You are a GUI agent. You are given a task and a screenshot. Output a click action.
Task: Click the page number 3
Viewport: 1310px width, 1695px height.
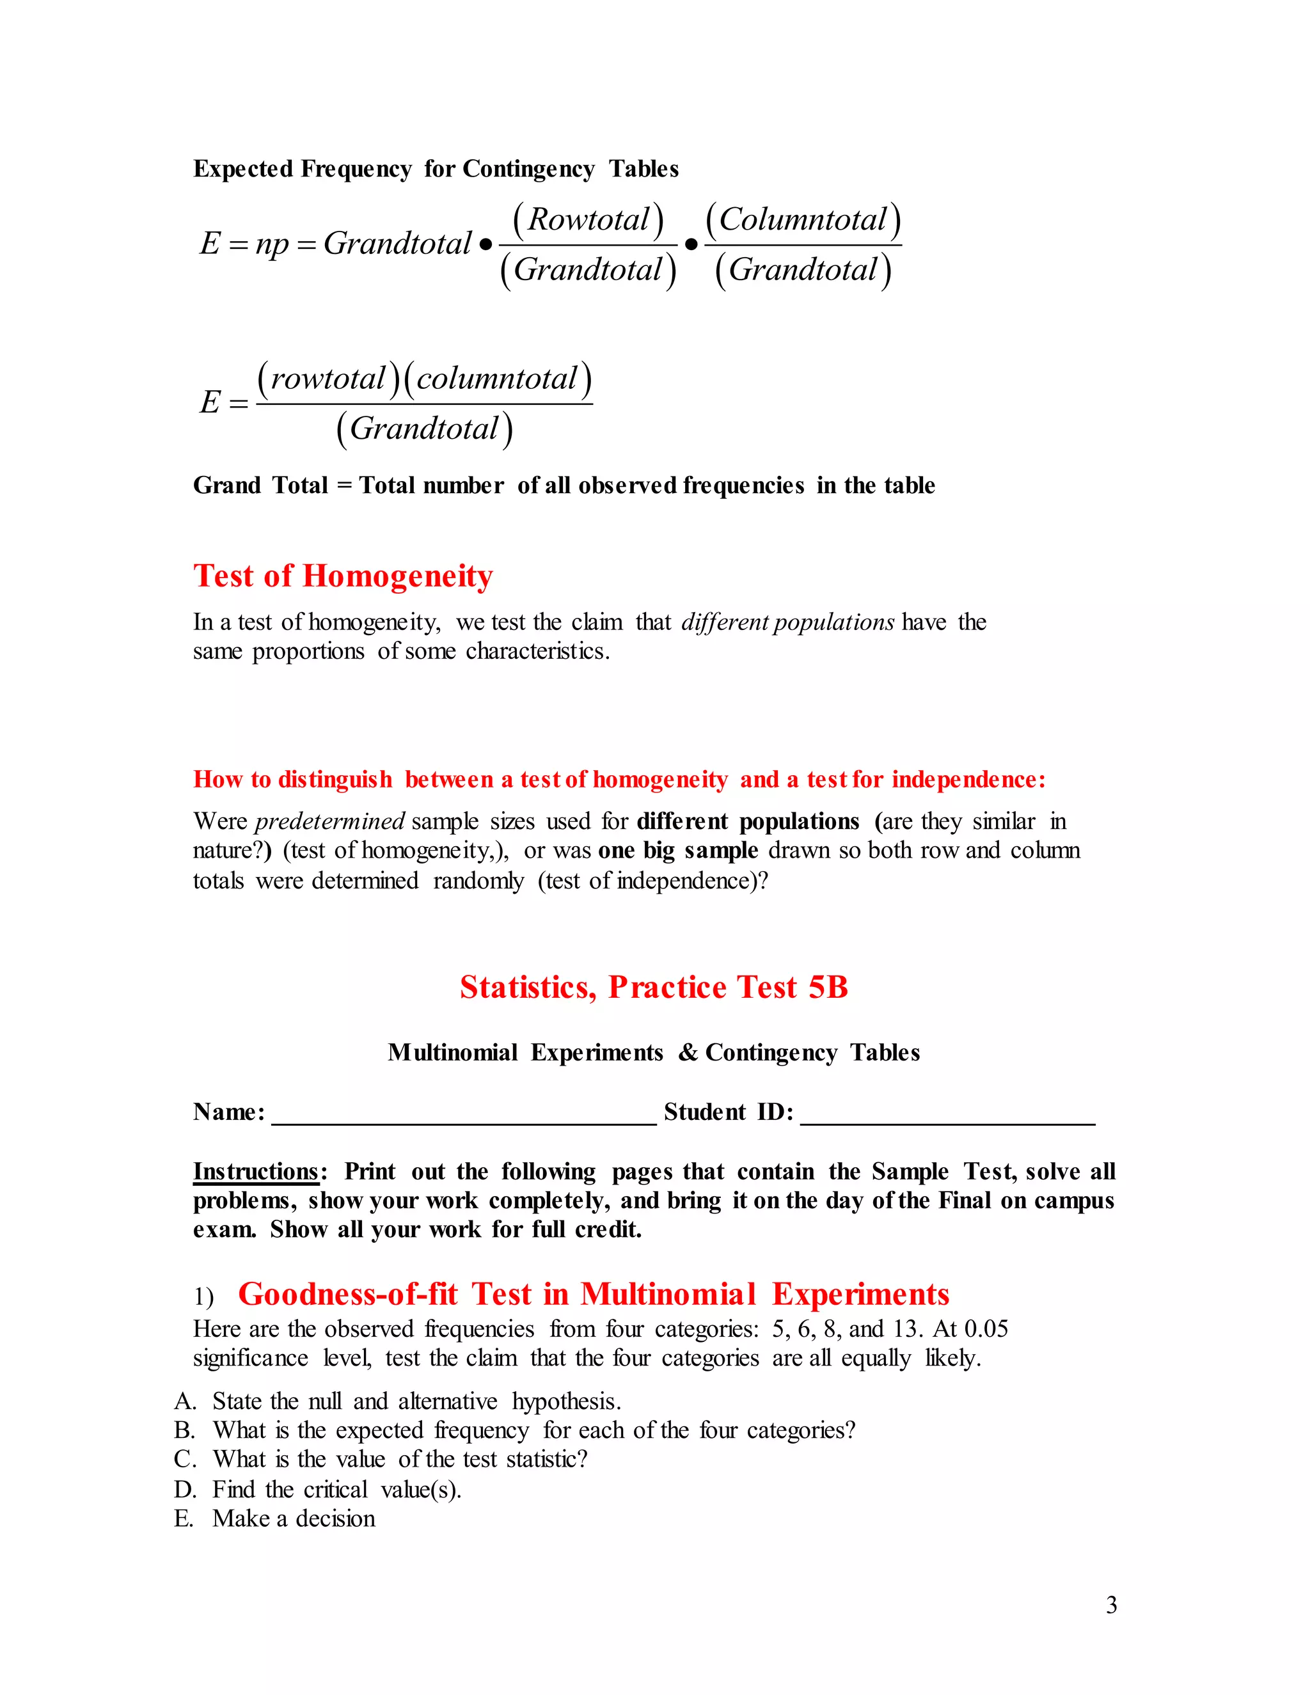click(1111, 1604)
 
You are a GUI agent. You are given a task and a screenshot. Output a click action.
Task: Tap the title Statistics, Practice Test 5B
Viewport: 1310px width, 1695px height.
click(654, 987)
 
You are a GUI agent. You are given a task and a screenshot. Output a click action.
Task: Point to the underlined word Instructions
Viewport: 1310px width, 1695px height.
click(256, 1171)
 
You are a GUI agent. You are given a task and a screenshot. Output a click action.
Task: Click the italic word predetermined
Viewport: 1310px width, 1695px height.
click(329, 821)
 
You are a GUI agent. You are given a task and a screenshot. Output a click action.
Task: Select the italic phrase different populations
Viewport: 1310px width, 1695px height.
click(787, 622)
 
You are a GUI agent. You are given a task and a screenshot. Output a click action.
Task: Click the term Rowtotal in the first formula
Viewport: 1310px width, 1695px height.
click(588, 219)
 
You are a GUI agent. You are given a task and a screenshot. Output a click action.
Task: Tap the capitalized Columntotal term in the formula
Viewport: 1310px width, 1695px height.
click(803, 219)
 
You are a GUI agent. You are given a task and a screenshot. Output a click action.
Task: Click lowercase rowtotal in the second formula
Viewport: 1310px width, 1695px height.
click(327, 379)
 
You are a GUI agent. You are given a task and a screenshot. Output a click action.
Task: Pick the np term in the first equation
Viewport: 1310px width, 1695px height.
click(272, 244)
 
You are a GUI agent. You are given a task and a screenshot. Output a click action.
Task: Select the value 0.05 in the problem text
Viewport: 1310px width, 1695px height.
click(986, 1328)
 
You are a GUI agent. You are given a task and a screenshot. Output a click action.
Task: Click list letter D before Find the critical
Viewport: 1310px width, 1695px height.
click(185, 1489)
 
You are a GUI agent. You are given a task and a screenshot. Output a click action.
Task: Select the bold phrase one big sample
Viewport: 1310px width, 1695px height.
click(677, 851)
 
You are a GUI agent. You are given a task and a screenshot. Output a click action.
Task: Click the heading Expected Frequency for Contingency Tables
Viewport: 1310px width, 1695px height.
click(436, 169)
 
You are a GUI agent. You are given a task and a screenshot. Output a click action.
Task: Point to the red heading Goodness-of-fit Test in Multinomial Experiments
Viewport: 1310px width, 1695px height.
click(593, 1295)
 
